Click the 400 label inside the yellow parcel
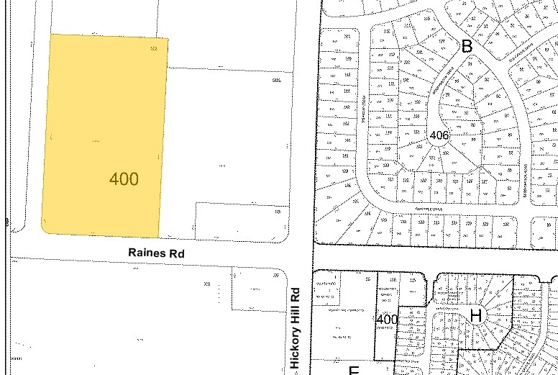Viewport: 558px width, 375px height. coord(124,179)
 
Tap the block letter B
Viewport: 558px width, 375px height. coord(467,47)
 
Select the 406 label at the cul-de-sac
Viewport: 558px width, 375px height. coord(439,135)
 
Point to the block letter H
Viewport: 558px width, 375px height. coord(475,315)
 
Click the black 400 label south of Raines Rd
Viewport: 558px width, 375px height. coord(387,319)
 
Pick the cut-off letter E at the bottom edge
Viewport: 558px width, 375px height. coord(354,371)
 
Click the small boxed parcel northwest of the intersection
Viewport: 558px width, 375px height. coord(241,220)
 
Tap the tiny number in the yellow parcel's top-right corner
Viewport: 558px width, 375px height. coord(153,48)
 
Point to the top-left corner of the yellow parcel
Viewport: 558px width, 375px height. coord(50,34)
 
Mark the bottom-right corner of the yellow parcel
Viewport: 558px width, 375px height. coord(158,235)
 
